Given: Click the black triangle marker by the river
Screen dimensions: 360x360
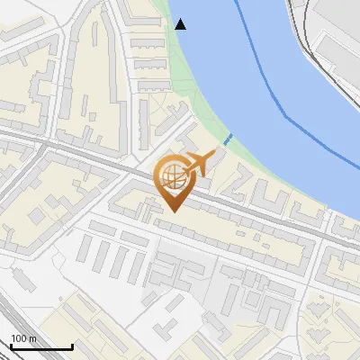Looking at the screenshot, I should [x=181, y=24].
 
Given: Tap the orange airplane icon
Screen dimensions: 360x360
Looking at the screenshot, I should [x=199, y=164].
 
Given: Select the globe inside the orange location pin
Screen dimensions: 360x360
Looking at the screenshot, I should [x=171, y=176].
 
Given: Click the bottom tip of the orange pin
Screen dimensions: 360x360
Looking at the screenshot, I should [x=172, y=211].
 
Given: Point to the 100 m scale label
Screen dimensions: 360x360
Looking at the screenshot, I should [x=23, y=338].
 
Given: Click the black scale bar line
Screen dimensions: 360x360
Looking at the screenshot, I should [x=40, y=346].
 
